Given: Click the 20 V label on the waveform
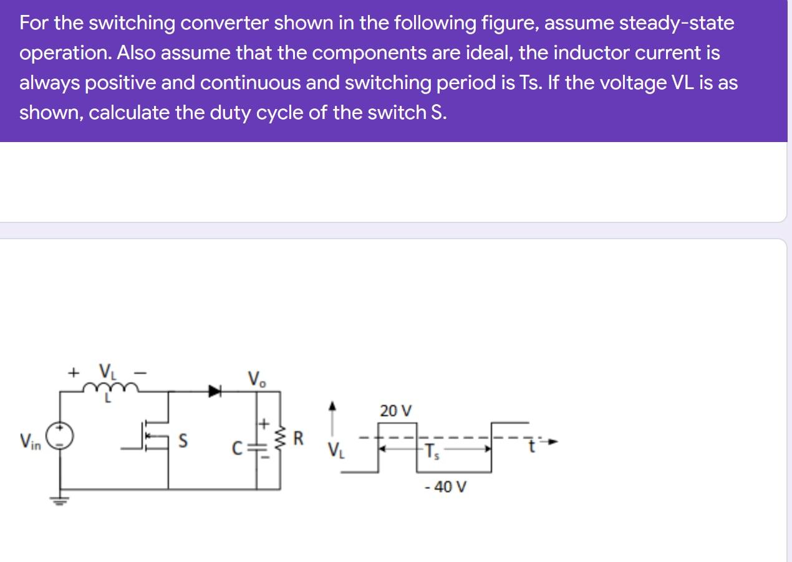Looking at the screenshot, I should click(395, 411).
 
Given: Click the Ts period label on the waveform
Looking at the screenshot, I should click(432, 453).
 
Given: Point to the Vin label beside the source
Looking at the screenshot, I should click(31, 443).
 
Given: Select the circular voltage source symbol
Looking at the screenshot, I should click(61, 437).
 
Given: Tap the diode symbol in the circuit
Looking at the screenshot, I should click(215, 391).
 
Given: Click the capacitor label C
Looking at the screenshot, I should click(237, 447).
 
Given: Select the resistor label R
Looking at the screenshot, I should click(298, 439).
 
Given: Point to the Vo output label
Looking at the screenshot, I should click(256, 378).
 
